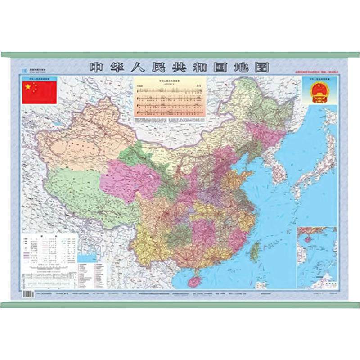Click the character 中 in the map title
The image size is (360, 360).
tap(96, 67)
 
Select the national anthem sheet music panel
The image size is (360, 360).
tap(170, 99)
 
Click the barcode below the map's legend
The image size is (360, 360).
tap(28, 292)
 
